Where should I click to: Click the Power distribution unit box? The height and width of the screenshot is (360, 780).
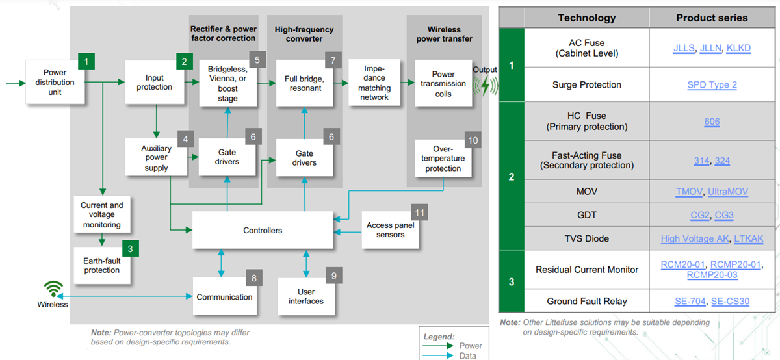(55, 83)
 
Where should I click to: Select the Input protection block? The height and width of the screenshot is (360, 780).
(154, 83)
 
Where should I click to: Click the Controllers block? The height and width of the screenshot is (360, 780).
(263, 230)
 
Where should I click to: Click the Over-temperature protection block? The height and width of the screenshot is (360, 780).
(443, 159)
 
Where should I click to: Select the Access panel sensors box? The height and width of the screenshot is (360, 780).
(390, 230)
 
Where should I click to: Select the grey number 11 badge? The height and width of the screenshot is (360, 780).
(420, 212)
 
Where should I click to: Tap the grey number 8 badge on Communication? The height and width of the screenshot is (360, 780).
(254, 277)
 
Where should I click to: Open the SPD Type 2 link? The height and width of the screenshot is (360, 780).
(712, 85)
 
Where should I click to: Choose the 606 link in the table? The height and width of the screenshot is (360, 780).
(712, 122)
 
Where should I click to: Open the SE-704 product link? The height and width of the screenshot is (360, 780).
(690, 301)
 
